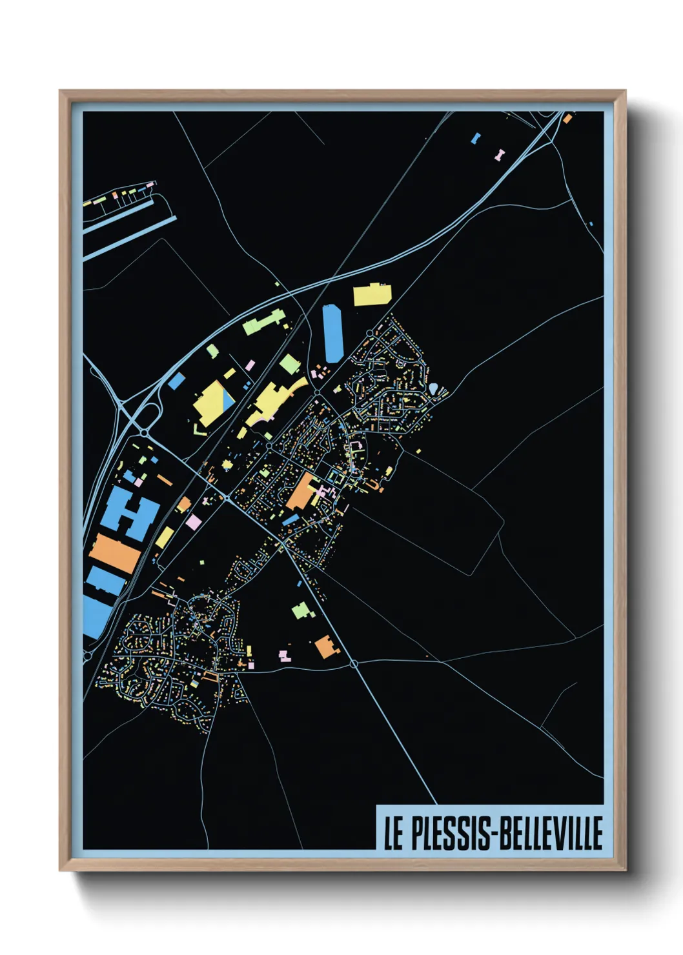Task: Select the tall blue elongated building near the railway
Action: pos(332,334)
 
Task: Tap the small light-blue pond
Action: pos(434,388)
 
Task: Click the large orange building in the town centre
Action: pos(301,492)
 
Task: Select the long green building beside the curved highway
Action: pos(263,321)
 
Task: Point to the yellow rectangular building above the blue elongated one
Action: pos(372,294)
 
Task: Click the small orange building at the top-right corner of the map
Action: pos(567,119)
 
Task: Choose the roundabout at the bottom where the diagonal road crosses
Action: pos(354,663)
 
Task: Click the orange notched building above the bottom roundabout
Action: pos(325,647)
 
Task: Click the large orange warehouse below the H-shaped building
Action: pos(115,554)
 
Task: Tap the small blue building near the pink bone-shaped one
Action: pos(476,138)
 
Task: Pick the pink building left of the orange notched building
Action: pos(284,656)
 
